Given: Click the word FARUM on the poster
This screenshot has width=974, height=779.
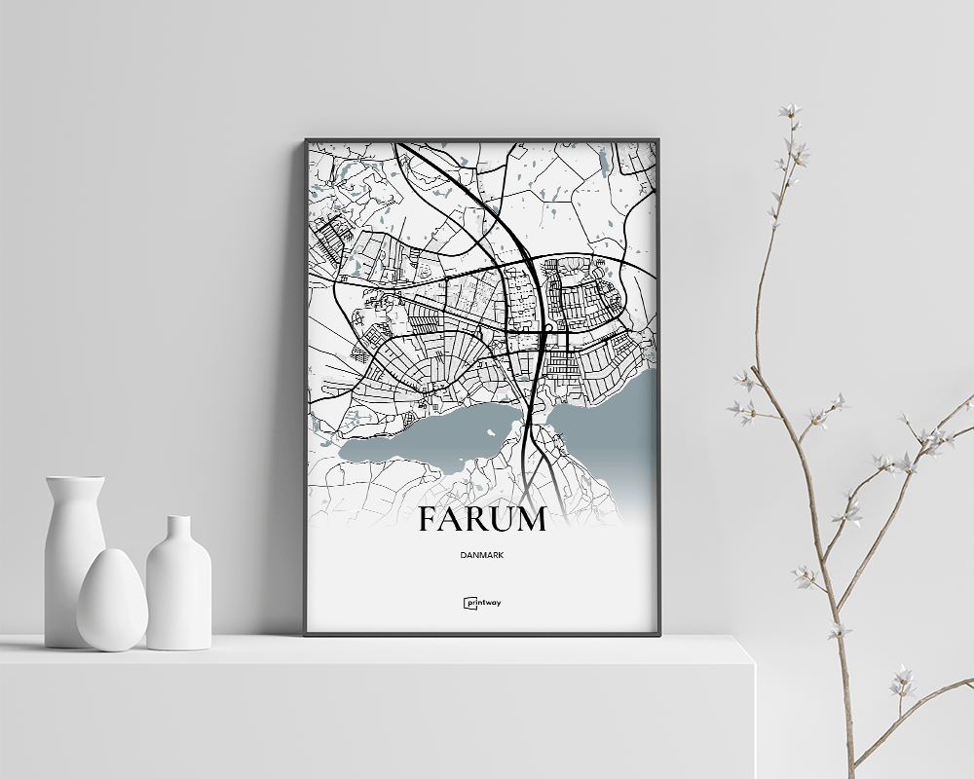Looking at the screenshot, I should tap(481, 520).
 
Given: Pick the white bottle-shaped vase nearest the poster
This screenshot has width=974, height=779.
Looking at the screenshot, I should tap(178, 584).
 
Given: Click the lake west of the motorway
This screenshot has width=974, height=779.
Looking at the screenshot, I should tap(438, 433).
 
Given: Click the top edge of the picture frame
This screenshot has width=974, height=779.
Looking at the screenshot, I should tap(481, 140).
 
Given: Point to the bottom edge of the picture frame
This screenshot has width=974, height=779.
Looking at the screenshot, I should tap(481, 633).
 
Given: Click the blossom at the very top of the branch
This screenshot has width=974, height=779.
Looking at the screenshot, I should tap(790, 112).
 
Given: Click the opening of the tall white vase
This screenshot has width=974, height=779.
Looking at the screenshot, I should tap(74, 479).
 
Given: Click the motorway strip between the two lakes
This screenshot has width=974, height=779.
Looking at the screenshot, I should tap(532, 428).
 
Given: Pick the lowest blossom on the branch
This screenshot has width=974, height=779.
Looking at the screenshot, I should tap(902, 681).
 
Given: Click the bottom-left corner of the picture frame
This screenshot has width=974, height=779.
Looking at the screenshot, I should tap(308, 633).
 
